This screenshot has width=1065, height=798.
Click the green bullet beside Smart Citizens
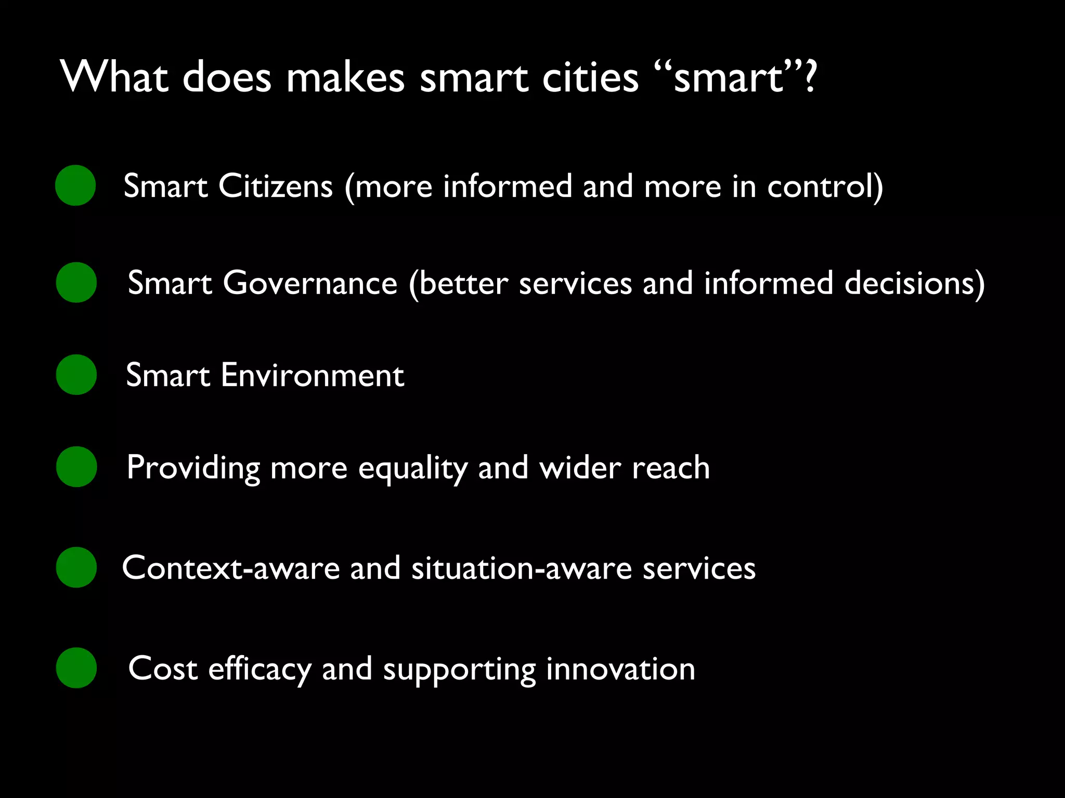(75, 185)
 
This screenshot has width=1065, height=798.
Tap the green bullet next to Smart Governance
(76, 283)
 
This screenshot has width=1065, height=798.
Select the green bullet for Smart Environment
(76, 375)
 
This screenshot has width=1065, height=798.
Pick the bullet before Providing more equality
(76, 467)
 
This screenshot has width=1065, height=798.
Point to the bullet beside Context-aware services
(76, 567)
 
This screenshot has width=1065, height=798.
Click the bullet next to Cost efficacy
(76, 668)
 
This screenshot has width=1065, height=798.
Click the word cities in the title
(590, 77)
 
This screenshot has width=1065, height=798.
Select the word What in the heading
(114, 77)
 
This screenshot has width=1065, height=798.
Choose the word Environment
(312, 375)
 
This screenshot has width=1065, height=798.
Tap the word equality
(413, 468)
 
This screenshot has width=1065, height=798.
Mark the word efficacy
(259, 669)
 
